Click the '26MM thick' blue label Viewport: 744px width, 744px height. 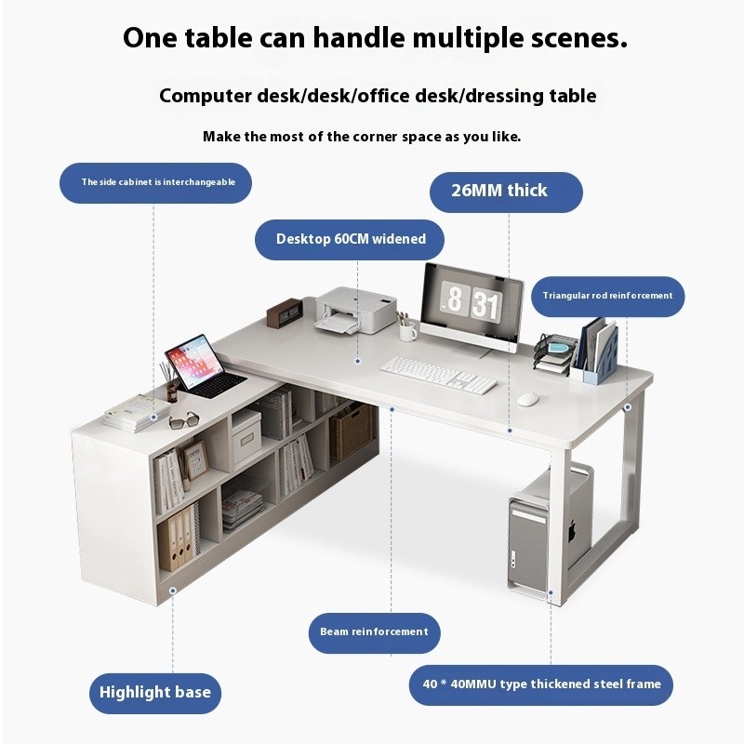[x=506, y=193]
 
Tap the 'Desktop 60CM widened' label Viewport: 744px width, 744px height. [x=350, y=239]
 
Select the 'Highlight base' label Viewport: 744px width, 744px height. [x=155, y=693]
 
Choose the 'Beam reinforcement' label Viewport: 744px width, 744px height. [x=375, y=632]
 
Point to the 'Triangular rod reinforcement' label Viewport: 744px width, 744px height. [x=608, y=296]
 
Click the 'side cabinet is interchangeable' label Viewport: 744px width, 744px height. [x=155, y=182]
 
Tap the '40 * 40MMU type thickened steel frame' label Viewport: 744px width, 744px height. [x=541, y=684]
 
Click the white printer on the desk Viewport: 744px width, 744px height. [x=355, y=310]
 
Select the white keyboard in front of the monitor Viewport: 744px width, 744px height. [x=438, y=375]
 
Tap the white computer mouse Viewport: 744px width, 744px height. [x=527, y=399]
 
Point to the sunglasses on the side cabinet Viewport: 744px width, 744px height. [x=183, y=420]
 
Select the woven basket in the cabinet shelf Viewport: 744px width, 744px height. [x=352, y=432]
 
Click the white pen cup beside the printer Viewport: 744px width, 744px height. [x=406, y=331]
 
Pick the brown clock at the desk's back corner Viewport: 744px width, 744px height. [x=285, y=312]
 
